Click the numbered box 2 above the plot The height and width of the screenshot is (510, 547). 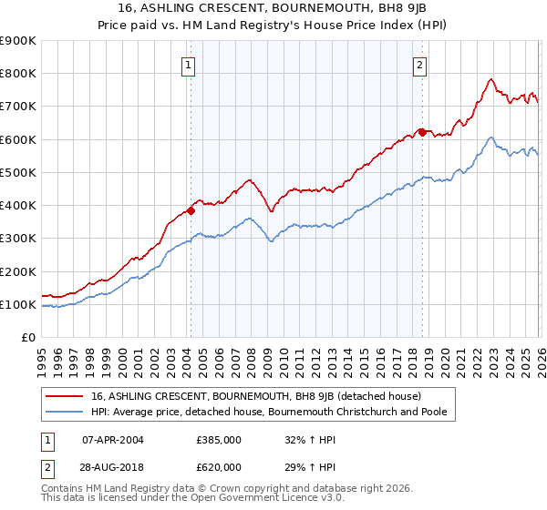coord(419,65)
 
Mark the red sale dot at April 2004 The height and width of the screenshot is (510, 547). coord(191,210)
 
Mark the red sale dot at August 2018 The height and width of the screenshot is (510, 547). coord(422,132)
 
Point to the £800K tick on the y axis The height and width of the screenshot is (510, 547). coord(19,74)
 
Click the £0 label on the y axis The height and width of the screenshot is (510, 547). coord(27,338)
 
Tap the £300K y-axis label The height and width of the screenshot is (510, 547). coord(19,239)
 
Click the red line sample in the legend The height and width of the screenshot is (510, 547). coord(66,396)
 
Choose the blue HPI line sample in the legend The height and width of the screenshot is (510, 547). coord(66,413)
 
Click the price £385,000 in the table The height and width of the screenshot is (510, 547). coord(219,439)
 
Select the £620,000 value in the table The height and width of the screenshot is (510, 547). coord(219,466)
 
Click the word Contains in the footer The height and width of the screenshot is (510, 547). coord(64,487)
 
